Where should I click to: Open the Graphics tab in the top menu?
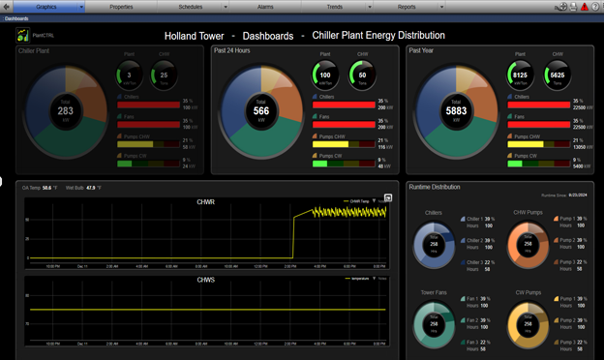point(46,6)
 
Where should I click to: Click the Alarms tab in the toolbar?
point(265,6)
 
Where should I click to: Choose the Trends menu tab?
point(335,6)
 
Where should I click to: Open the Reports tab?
point(407,6)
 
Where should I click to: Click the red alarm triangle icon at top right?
point(585,7)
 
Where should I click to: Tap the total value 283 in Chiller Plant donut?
point(66,111)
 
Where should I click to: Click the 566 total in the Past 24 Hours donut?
point(260,111)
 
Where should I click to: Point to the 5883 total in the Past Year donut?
point(456,111)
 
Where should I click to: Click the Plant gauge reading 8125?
point(520,75)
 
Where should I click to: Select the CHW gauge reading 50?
point(363,75)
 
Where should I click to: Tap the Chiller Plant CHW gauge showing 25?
point(164,75)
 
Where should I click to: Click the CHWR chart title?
point(204,201)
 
